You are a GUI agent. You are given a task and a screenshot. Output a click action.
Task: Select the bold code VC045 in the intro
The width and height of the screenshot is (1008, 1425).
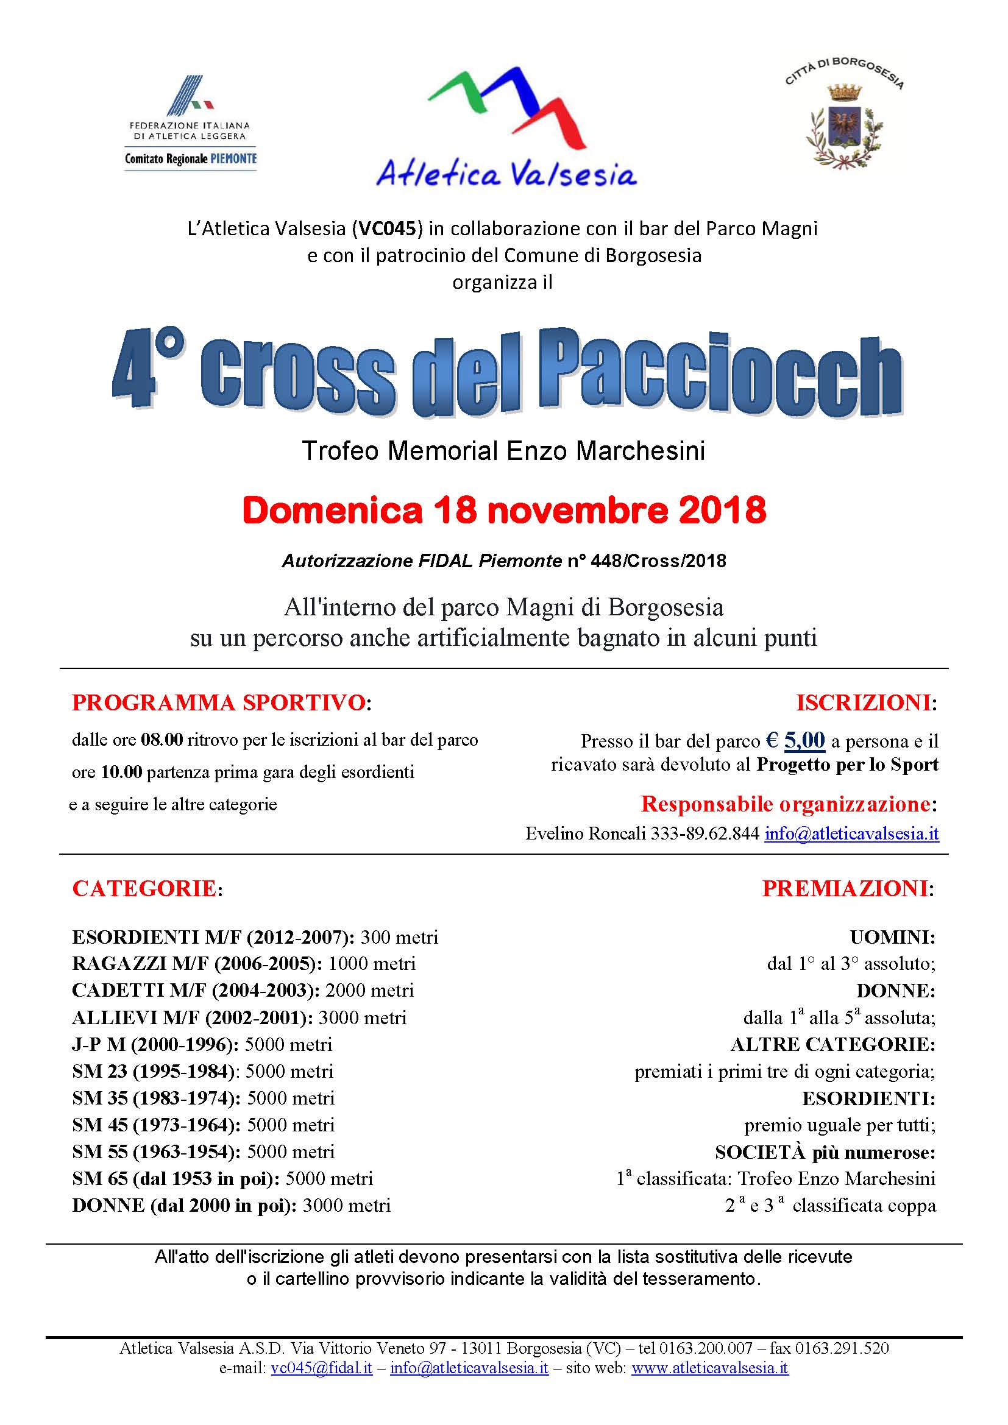coord(387,229)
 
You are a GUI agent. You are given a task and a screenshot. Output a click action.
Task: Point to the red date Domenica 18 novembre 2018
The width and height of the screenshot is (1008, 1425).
coord(504,510)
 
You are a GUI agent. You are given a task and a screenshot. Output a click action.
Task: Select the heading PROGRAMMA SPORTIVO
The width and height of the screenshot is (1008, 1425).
coord(219,702)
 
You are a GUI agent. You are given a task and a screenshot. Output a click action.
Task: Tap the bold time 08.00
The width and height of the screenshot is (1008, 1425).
coord(162,740)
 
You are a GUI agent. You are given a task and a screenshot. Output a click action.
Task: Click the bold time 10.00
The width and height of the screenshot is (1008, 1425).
coord(122,772)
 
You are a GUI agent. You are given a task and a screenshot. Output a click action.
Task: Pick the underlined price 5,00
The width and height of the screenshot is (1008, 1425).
coord(804,740)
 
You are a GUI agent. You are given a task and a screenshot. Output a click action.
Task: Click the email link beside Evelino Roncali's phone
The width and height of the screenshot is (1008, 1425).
coord(851,833)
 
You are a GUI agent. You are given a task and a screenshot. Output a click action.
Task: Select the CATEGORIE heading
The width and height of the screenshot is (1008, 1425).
coord(144,889)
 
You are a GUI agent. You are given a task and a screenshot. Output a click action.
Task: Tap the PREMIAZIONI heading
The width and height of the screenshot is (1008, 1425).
coord(845,889)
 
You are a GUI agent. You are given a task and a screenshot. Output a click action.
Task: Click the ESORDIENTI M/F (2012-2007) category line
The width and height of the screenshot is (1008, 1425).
coord(255,937)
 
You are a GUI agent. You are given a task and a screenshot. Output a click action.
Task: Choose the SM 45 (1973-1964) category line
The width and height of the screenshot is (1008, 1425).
coord(203,1125)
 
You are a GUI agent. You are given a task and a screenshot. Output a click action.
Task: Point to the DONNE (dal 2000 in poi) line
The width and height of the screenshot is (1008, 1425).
coord(231,1205)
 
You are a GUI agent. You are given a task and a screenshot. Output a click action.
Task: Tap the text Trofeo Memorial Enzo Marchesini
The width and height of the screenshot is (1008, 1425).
coord(503,451)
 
